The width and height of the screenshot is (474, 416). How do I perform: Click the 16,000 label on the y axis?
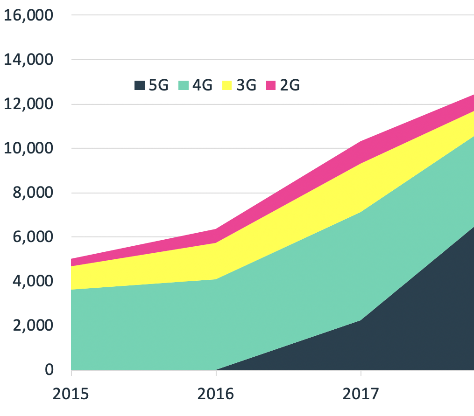point(28,15)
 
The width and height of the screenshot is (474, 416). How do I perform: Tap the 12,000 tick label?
point(28,104)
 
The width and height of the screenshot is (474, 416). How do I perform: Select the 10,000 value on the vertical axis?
point(28,148)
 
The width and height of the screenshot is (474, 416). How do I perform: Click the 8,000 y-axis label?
point(33,193)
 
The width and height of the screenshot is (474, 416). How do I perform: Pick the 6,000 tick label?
point(33,237)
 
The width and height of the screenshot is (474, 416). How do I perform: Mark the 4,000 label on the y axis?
point(33,281)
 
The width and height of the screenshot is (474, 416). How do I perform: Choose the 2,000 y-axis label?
point(33,326)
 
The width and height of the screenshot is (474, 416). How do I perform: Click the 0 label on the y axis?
point(48,370)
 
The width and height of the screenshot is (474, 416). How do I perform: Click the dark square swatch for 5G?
point(139,85)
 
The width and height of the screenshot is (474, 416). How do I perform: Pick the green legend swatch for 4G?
point(183,85)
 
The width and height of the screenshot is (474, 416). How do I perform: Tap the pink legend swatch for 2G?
point(270,85)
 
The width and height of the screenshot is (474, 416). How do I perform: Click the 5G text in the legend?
point(158,85)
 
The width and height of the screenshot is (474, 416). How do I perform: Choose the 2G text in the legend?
point(290,85)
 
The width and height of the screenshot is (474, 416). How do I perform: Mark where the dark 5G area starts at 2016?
point(216,369)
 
